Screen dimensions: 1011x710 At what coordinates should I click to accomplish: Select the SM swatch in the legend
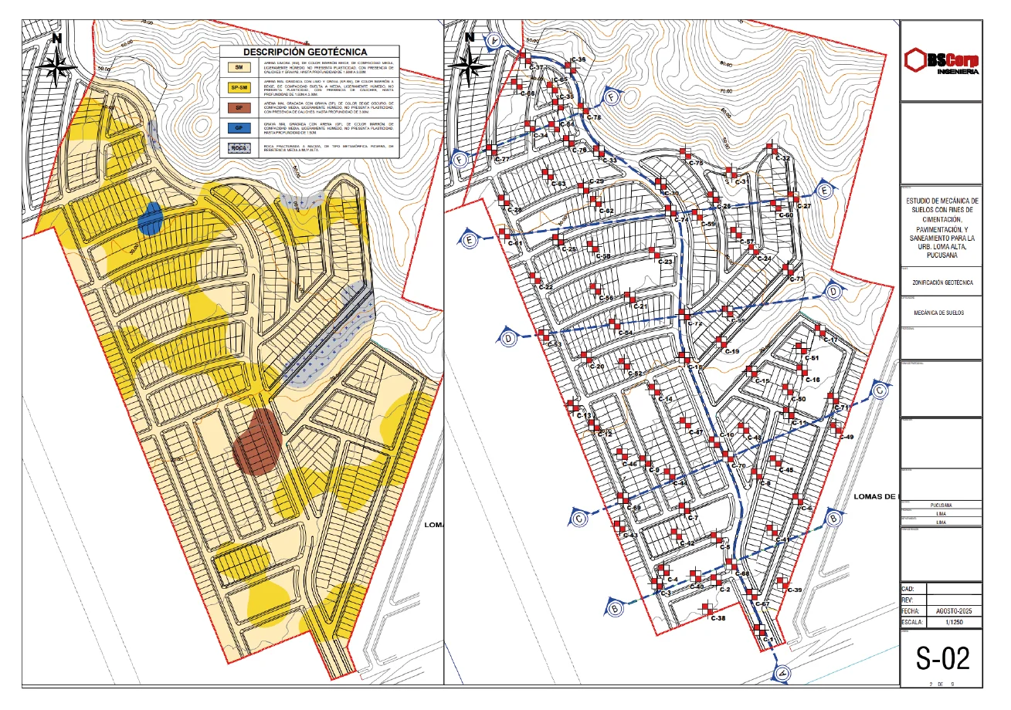pos(239,68)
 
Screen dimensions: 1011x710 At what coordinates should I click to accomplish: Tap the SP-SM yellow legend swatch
pos(239,87)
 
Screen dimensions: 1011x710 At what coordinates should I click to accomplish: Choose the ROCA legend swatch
pos(239,147)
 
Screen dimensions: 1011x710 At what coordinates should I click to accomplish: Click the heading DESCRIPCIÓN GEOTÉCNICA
pos(308,52)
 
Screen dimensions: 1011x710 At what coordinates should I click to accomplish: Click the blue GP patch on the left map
pos(150,217)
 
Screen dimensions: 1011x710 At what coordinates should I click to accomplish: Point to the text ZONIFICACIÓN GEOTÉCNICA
pos(941,282)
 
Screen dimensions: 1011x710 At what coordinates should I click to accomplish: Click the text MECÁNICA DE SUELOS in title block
pos(941,313)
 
